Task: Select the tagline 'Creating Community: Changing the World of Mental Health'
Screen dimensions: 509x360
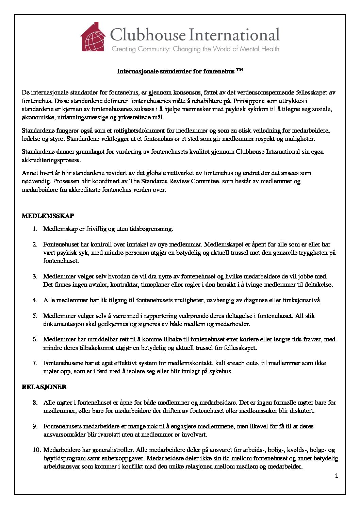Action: (195, 49)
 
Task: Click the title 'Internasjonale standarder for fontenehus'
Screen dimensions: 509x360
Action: (176, 71)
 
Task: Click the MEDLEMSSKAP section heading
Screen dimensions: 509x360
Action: (48, 216)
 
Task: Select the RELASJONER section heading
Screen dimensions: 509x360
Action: (44, 387)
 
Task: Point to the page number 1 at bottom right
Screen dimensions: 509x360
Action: (337, 476)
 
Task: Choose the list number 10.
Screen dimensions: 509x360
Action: (37, 450)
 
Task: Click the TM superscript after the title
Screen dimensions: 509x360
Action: (240, 70)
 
